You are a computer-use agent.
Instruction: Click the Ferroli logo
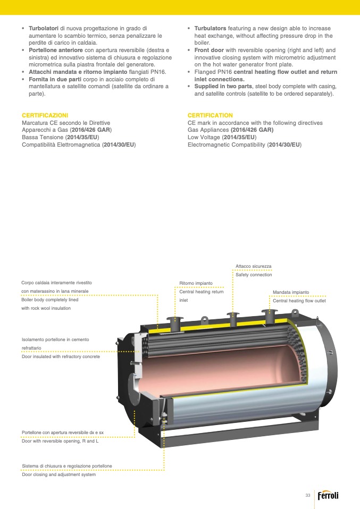pos(328,495)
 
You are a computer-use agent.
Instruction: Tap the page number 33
pos(308,495)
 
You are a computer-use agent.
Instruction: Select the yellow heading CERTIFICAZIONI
pos(45,115)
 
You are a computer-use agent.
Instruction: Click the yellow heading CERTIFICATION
pos(210,115)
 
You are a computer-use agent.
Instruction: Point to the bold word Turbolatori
pos(44,29)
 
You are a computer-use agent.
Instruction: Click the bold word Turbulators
pos(210,29)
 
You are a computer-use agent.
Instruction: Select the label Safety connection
pos(254,275)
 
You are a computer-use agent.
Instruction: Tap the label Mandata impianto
pos(291,292)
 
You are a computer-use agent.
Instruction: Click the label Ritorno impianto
pos(196,283)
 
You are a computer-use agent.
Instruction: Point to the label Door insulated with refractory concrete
pos(61,357)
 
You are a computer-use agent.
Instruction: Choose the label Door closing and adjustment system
pos(59,474)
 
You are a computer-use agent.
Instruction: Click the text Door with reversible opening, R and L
pos(60,441)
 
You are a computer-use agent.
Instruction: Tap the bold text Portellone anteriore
pos(56,50)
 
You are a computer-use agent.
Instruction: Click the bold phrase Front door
pos(209,50)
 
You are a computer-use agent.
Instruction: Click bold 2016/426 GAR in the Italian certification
pos(90,130)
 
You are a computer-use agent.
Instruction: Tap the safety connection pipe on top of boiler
pos(233,319)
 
